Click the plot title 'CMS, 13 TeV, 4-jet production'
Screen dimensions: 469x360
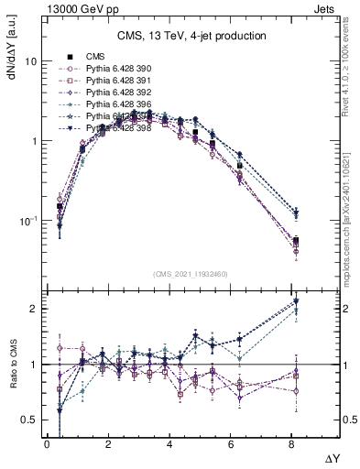pos(191,37)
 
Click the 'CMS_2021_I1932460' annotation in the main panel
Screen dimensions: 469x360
pos(191,273)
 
